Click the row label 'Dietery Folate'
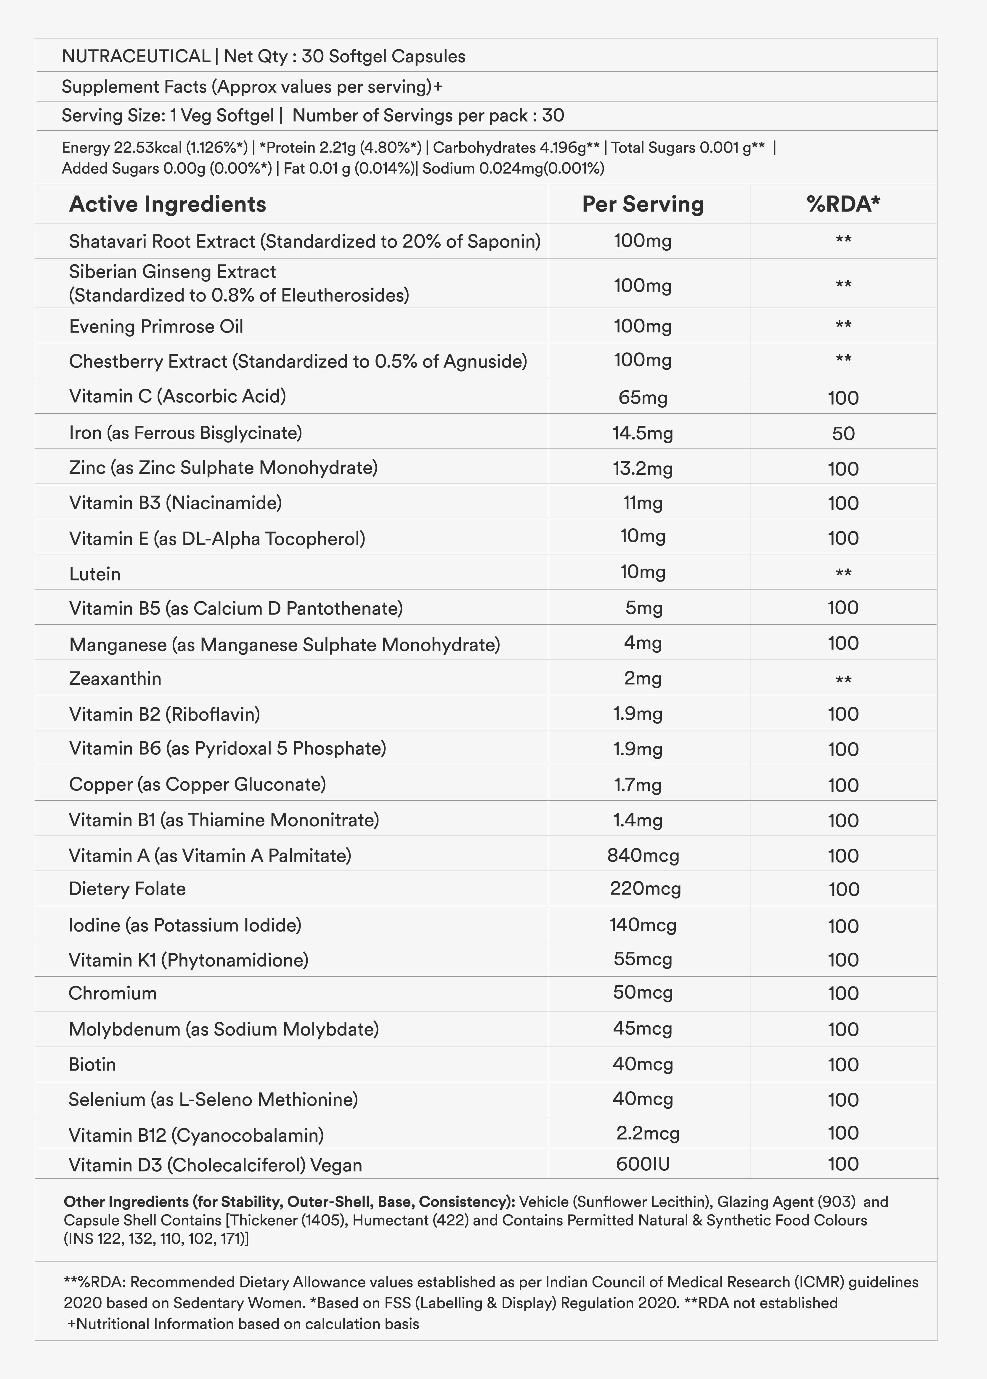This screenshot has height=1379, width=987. click(x=127, y=889)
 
